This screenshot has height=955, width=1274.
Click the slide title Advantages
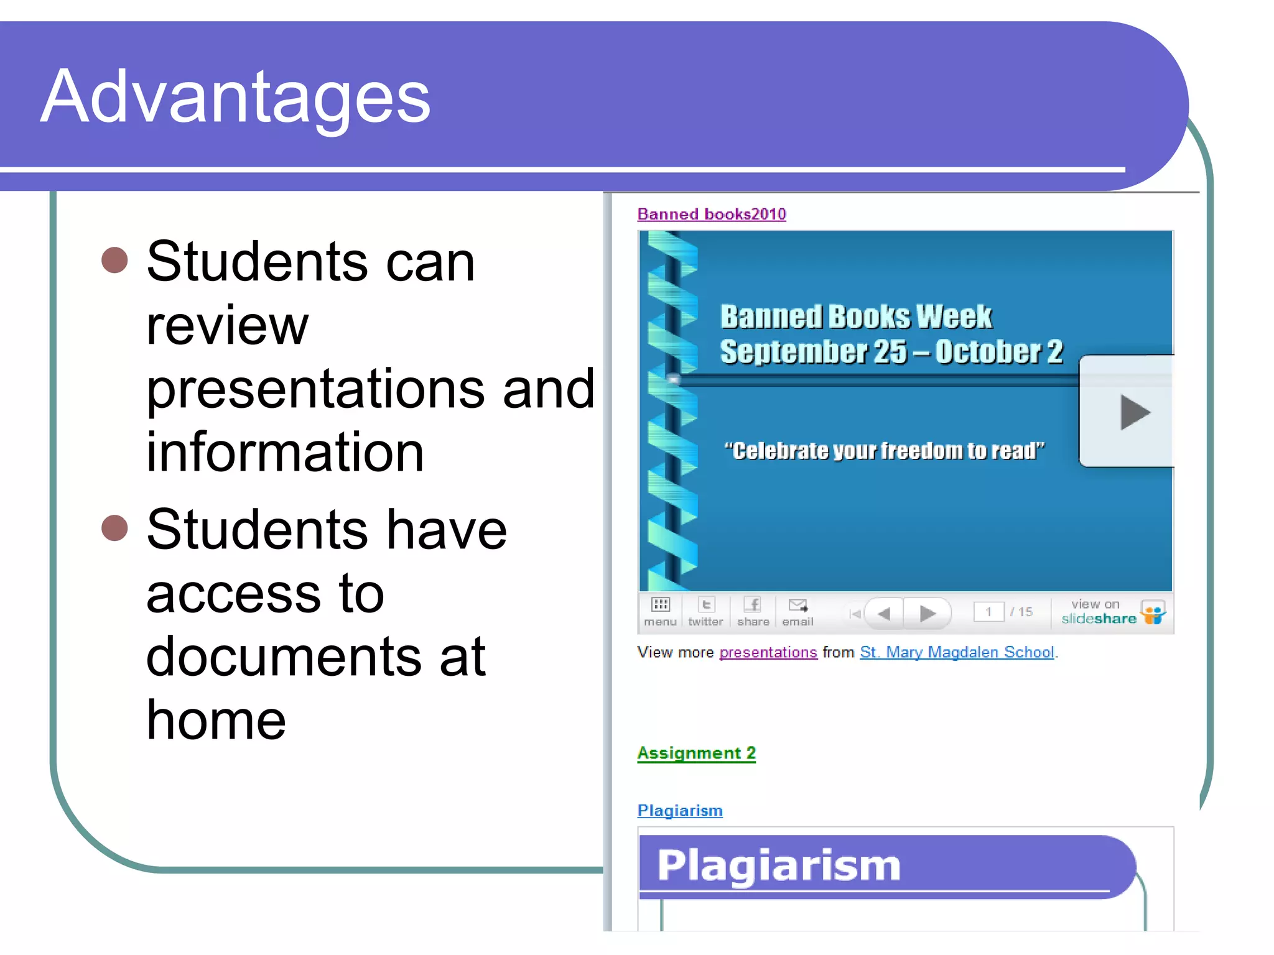click(235, 98)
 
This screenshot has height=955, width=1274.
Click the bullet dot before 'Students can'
click(114, 260)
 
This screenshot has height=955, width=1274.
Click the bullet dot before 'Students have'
click(114, 528)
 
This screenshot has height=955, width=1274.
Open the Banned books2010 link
click(712, 215)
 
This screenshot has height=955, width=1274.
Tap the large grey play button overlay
click(1133, 412)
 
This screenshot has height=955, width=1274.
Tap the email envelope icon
click(797, 606)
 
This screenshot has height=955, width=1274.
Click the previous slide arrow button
click(884, 614)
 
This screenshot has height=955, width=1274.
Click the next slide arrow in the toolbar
click(928, 614)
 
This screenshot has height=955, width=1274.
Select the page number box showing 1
click(988, 612)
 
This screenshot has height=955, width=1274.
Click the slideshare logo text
click(1099, 619)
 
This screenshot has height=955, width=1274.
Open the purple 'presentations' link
click(768, 652)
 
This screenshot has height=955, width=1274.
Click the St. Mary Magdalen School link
click(957, 652)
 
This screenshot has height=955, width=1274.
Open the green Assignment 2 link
click(696, 753)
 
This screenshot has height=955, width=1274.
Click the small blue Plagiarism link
click(680, 811)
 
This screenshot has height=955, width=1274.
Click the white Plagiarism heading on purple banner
click(779, 865)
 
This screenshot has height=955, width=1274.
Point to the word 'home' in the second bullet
click(216, 721)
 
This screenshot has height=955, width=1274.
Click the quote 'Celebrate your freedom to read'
click(884, 450)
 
